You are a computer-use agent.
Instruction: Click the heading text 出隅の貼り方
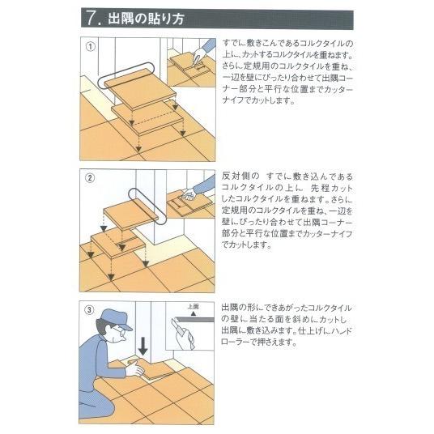coord(146,19)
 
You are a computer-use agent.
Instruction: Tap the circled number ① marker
coord(90,46)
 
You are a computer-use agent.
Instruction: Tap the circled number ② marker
coord(90,178)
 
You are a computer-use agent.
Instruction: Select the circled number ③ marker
coord(89,310)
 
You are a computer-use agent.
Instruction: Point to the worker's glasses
coord(121,332)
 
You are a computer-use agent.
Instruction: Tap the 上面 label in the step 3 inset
coord(194,307)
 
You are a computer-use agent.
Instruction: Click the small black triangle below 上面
coord(194,313)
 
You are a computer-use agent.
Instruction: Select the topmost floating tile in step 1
coord(140,87)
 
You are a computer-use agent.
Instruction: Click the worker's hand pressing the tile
coord(135,368)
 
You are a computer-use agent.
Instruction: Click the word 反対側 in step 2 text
coord(240,176)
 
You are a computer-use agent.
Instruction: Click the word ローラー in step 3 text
coord(236,343)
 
